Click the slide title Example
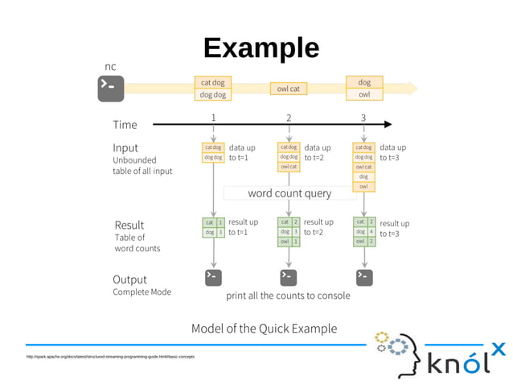(261, 48)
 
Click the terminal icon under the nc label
(111, 88)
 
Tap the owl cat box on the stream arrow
(288, 89)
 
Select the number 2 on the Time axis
(289, 118)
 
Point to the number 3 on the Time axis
(363, 118)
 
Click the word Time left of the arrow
(125, 125)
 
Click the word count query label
(289, 193)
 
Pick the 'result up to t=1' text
(243, 227)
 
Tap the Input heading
(125, 148)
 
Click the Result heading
(129, 225)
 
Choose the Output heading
(129, 279)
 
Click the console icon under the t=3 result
(364, 277)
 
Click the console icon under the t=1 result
(213, 277)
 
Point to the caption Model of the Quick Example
(264, 329)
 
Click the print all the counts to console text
(288, 296)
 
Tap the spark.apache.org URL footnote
(110, 356)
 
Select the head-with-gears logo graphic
(398, 351)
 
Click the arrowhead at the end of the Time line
(388, 125)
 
